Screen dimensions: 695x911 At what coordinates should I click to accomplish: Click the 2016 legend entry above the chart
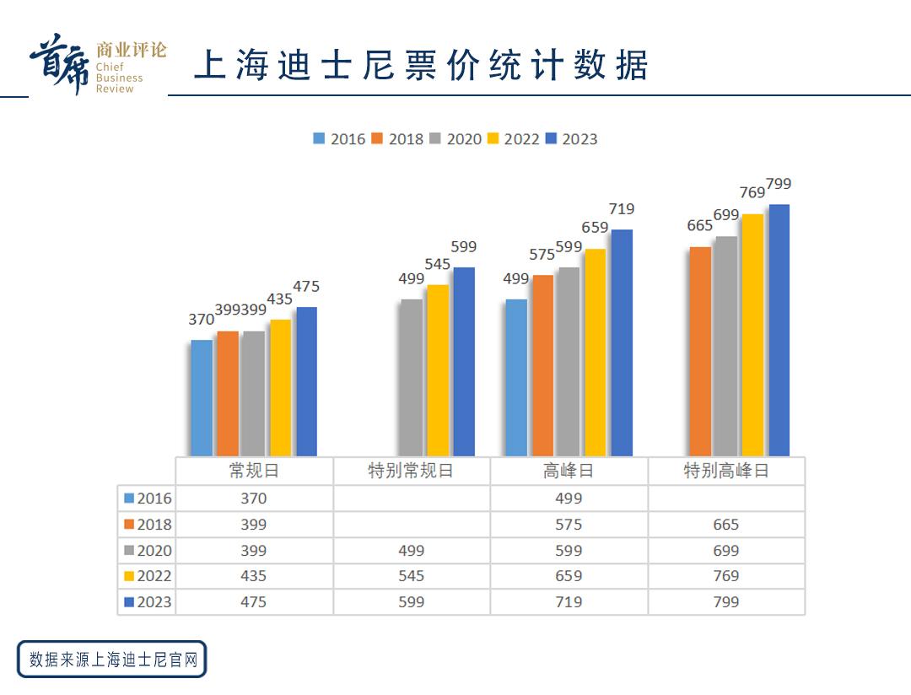point(339,139)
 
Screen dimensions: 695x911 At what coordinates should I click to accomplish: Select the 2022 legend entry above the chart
point(513,139)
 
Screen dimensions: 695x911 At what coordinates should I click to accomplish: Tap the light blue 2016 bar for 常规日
point(202,397)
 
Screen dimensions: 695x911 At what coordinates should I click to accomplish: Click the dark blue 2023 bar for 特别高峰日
point(779,330)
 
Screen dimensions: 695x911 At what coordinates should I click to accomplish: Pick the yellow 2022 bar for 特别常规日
point(438,370)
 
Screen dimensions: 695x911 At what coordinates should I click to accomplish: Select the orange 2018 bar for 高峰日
point(543,365)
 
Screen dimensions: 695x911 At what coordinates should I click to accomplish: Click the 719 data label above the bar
point(621,209)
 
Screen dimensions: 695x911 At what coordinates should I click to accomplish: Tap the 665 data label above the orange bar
point(700,225)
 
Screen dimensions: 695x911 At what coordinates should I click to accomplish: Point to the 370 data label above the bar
point(201,320)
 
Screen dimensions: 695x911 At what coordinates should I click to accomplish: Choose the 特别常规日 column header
point(411,471)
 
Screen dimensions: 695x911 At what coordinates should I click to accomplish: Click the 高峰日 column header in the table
point(569,471)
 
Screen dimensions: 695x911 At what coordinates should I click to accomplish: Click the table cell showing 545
point(411,576)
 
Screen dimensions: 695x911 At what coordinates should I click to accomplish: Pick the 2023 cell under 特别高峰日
point(725,602)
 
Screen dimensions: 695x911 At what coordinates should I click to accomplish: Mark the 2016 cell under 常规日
point(253,498)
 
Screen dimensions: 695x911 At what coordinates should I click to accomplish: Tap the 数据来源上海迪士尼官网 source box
point(112,659)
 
